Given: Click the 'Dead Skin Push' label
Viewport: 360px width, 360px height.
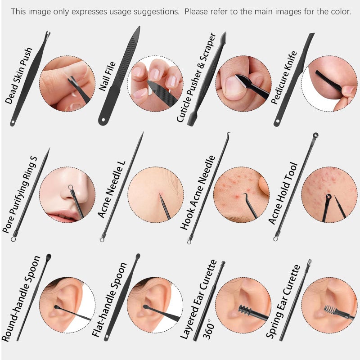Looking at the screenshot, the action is pyautogui.click(x=19, y=76).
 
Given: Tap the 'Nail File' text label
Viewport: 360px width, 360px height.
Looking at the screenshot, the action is pyautogui.click(x=107, y=76).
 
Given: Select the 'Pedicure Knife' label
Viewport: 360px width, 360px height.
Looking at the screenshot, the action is pyautogui.click(x=284, y=77).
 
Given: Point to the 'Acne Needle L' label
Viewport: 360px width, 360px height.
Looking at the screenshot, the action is pyautogui.click(x=112, y=189).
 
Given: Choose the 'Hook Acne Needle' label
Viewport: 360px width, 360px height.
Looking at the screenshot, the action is pyautogui.click(x=198, y=193).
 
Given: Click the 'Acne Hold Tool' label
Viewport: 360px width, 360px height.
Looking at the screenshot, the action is pyautogui.click(x=283, y=193).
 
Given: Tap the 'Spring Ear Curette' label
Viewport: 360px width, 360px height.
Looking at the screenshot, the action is pyautogui.click(x=283, y=301).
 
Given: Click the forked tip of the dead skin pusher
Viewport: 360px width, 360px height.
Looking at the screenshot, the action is pyautogui.click(x=47, y=35).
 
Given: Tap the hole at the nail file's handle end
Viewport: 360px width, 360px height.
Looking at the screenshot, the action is pyautogui.click(x=103, y=120).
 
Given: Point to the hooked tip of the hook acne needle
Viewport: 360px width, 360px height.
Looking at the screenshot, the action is pyautogui.click(x=228, y=135).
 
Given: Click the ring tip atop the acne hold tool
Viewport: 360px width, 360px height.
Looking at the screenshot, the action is pyautogui.click(x=316, y=135).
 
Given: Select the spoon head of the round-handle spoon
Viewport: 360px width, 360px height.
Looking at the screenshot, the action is pyautogui.click(x=48, y=257).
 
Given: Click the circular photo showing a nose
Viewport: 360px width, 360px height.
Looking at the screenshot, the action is pyautogui.click(x=67, y=195).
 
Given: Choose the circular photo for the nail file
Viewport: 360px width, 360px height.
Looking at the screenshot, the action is pyautogui.click(x=155, y=83).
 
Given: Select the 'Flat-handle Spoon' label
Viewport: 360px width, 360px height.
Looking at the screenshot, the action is pyautogui.click(x=109, y=300).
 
